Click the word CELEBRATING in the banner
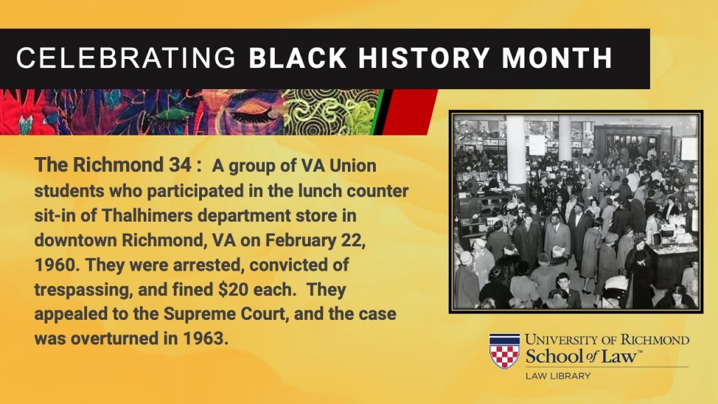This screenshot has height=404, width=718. point(126,58)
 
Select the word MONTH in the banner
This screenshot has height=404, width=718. point(557,58)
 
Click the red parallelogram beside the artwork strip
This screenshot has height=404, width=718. point(409,112)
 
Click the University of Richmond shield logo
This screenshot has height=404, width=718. point(505,351)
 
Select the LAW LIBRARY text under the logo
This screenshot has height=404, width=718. point(557,376)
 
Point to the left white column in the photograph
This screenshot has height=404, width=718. point(516,149)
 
